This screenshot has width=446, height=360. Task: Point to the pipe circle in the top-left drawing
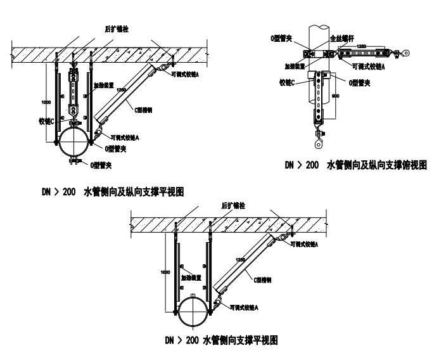tap(75, 145)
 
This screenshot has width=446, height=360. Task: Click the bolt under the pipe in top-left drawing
tap(75, 166)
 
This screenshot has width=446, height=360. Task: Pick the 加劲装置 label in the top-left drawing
tap(103, 83)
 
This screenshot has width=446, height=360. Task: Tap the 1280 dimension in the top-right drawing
tap(362, 46)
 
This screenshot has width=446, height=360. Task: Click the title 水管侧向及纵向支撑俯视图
tap(355, 165)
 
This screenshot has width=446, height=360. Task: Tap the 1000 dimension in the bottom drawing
tap(165, 271)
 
